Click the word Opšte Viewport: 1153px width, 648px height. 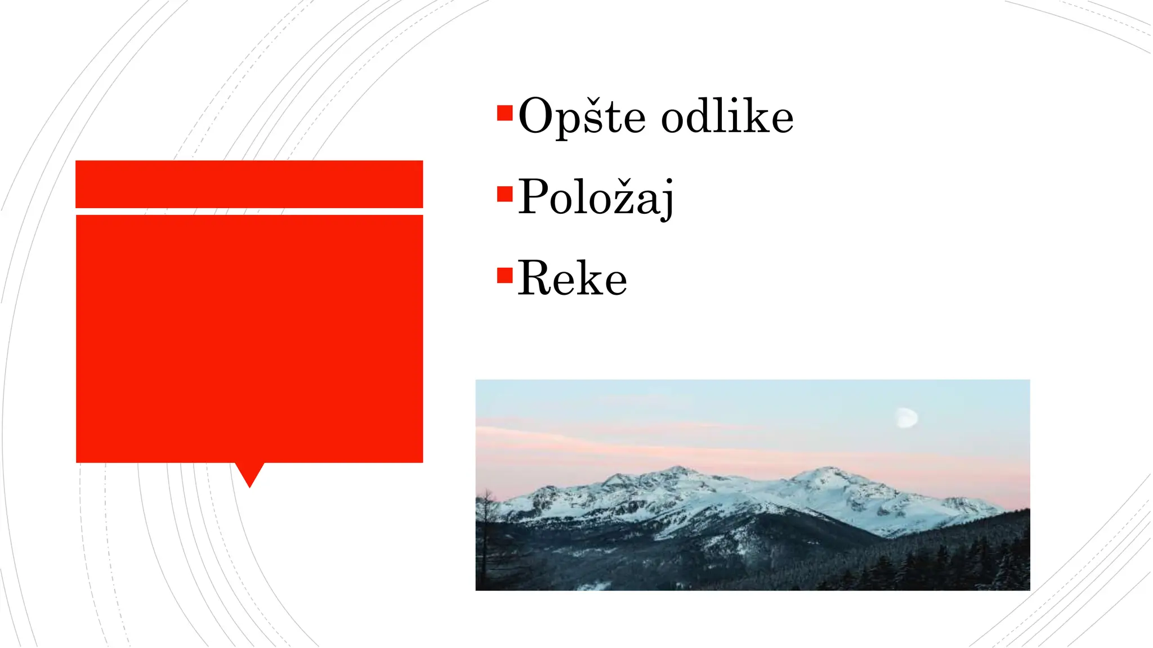[582, 117]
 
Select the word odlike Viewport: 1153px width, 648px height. [727, 116]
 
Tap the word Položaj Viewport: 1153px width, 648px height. [596, 197]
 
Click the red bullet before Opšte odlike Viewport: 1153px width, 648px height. [505, 113]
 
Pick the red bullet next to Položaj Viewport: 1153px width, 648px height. [505, 194]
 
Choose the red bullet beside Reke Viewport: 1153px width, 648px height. [505, 275]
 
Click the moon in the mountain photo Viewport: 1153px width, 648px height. [907, 418]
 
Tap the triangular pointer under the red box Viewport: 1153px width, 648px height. [249, 474]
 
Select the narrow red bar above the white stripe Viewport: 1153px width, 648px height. [249, 184]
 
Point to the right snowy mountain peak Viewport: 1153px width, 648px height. [828, 471]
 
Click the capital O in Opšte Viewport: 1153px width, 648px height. [536, 116]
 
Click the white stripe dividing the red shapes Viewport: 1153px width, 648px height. [249, 211]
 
